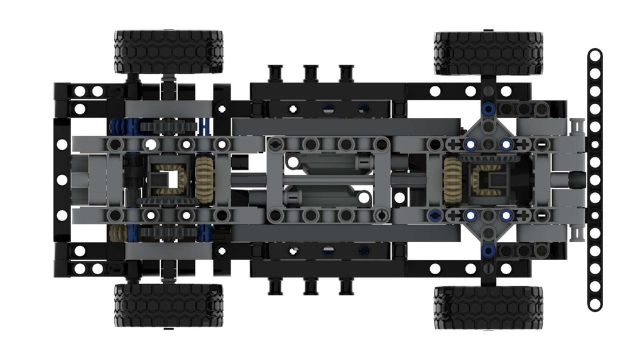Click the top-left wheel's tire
(168, 52)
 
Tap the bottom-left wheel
(168, 305)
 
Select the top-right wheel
(488, 52)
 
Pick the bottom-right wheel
(488, 307)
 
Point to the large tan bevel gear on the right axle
(451, 179)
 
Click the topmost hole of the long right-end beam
(594, 56)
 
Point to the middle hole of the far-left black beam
(62, 180)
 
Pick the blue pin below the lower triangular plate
(488, 250)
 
